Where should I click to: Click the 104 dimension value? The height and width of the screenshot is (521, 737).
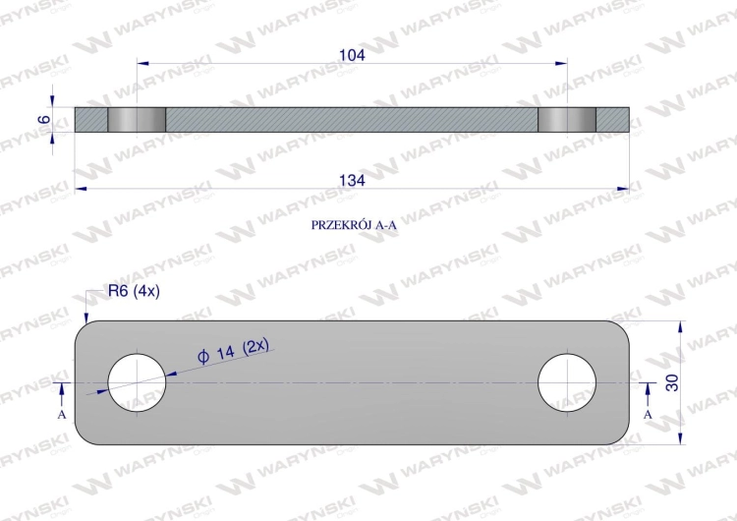(x=352, y=55)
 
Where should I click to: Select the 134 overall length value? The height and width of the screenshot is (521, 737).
(x=352, y=180)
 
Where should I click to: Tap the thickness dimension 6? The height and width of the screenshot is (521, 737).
(x=43, y=119)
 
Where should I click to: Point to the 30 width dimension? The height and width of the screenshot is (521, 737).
(x=672, y=382)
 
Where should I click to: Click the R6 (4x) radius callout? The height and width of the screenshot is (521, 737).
(x=134, y=292)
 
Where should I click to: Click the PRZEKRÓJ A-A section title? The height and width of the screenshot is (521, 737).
(x=354, y=225)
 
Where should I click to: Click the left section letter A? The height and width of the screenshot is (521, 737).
(x=62, y=415)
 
